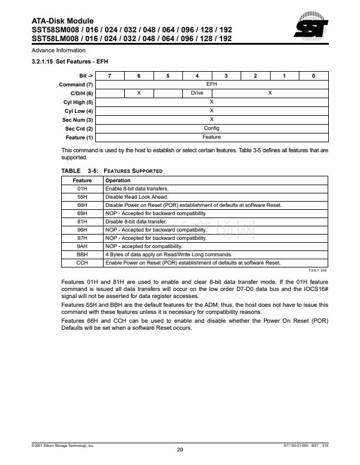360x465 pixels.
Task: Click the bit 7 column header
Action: coord(109,76)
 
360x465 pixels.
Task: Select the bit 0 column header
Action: coord(313,76)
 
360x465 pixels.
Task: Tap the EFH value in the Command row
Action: coord(211,85)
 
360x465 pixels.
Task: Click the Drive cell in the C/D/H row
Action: coord(196,93)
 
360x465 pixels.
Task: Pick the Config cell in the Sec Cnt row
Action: coord(211,128)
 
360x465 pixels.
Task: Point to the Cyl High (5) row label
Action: coord(79,102)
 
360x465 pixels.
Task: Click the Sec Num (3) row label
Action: coord(79,119)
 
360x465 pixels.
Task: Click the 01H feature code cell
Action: coord(82,188)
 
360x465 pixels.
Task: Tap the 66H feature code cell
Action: coord(82,205)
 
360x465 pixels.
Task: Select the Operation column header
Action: coord(118,180)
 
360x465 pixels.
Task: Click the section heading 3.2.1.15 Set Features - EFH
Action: coord(70,61)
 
